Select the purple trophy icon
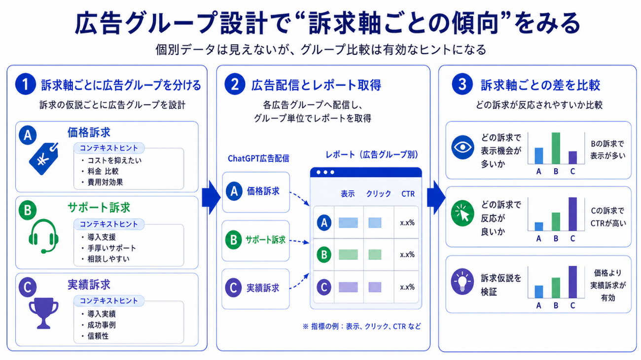point(43,313)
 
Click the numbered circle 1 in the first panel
point(26,84)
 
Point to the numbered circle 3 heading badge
point(462,84)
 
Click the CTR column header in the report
point(408,194)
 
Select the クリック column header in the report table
point(379,194)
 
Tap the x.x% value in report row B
point(407,254)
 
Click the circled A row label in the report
point(324,222)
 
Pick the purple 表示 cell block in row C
point(348,287)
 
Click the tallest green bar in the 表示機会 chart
point(556,148)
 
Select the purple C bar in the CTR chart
point(572,214)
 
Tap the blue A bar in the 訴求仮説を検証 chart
point(539,292)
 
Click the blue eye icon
point(463,147)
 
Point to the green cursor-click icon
point(463,214)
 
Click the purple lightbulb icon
point(463,282)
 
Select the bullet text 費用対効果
point(106,182)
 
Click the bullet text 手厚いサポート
point(111,248)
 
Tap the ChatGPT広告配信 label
point(258,158)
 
